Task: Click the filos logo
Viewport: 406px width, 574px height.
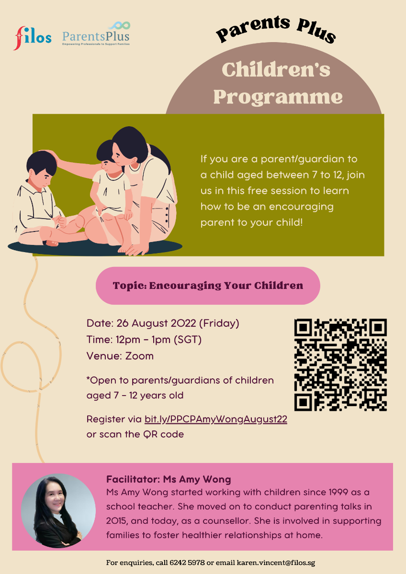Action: coord(32,38)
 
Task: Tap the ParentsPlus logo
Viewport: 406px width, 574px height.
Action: coord(96,33)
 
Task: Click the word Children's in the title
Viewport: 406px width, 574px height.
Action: coord(276,70)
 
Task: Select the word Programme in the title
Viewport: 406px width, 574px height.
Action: coord(278,98)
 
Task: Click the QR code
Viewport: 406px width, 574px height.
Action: coord(340,364)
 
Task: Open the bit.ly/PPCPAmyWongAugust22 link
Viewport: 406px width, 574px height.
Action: coord(216,419)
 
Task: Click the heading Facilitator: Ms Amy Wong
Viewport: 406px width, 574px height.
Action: coord(169,479)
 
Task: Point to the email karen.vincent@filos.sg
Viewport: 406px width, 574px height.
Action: coord(276,563)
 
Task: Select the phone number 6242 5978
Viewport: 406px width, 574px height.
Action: coord(187,563)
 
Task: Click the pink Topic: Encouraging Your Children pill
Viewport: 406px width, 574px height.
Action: coord(208,286)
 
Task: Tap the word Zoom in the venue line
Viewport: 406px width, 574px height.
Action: coord(139,356)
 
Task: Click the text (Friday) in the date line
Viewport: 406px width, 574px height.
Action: coord(219,323)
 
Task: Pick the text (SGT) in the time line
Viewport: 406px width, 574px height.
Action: coord(188,340)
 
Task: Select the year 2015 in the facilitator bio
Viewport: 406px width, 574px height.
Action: coord(116,521)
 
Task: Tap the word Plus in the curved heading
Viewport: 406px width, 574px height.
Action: coord(316,32)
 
